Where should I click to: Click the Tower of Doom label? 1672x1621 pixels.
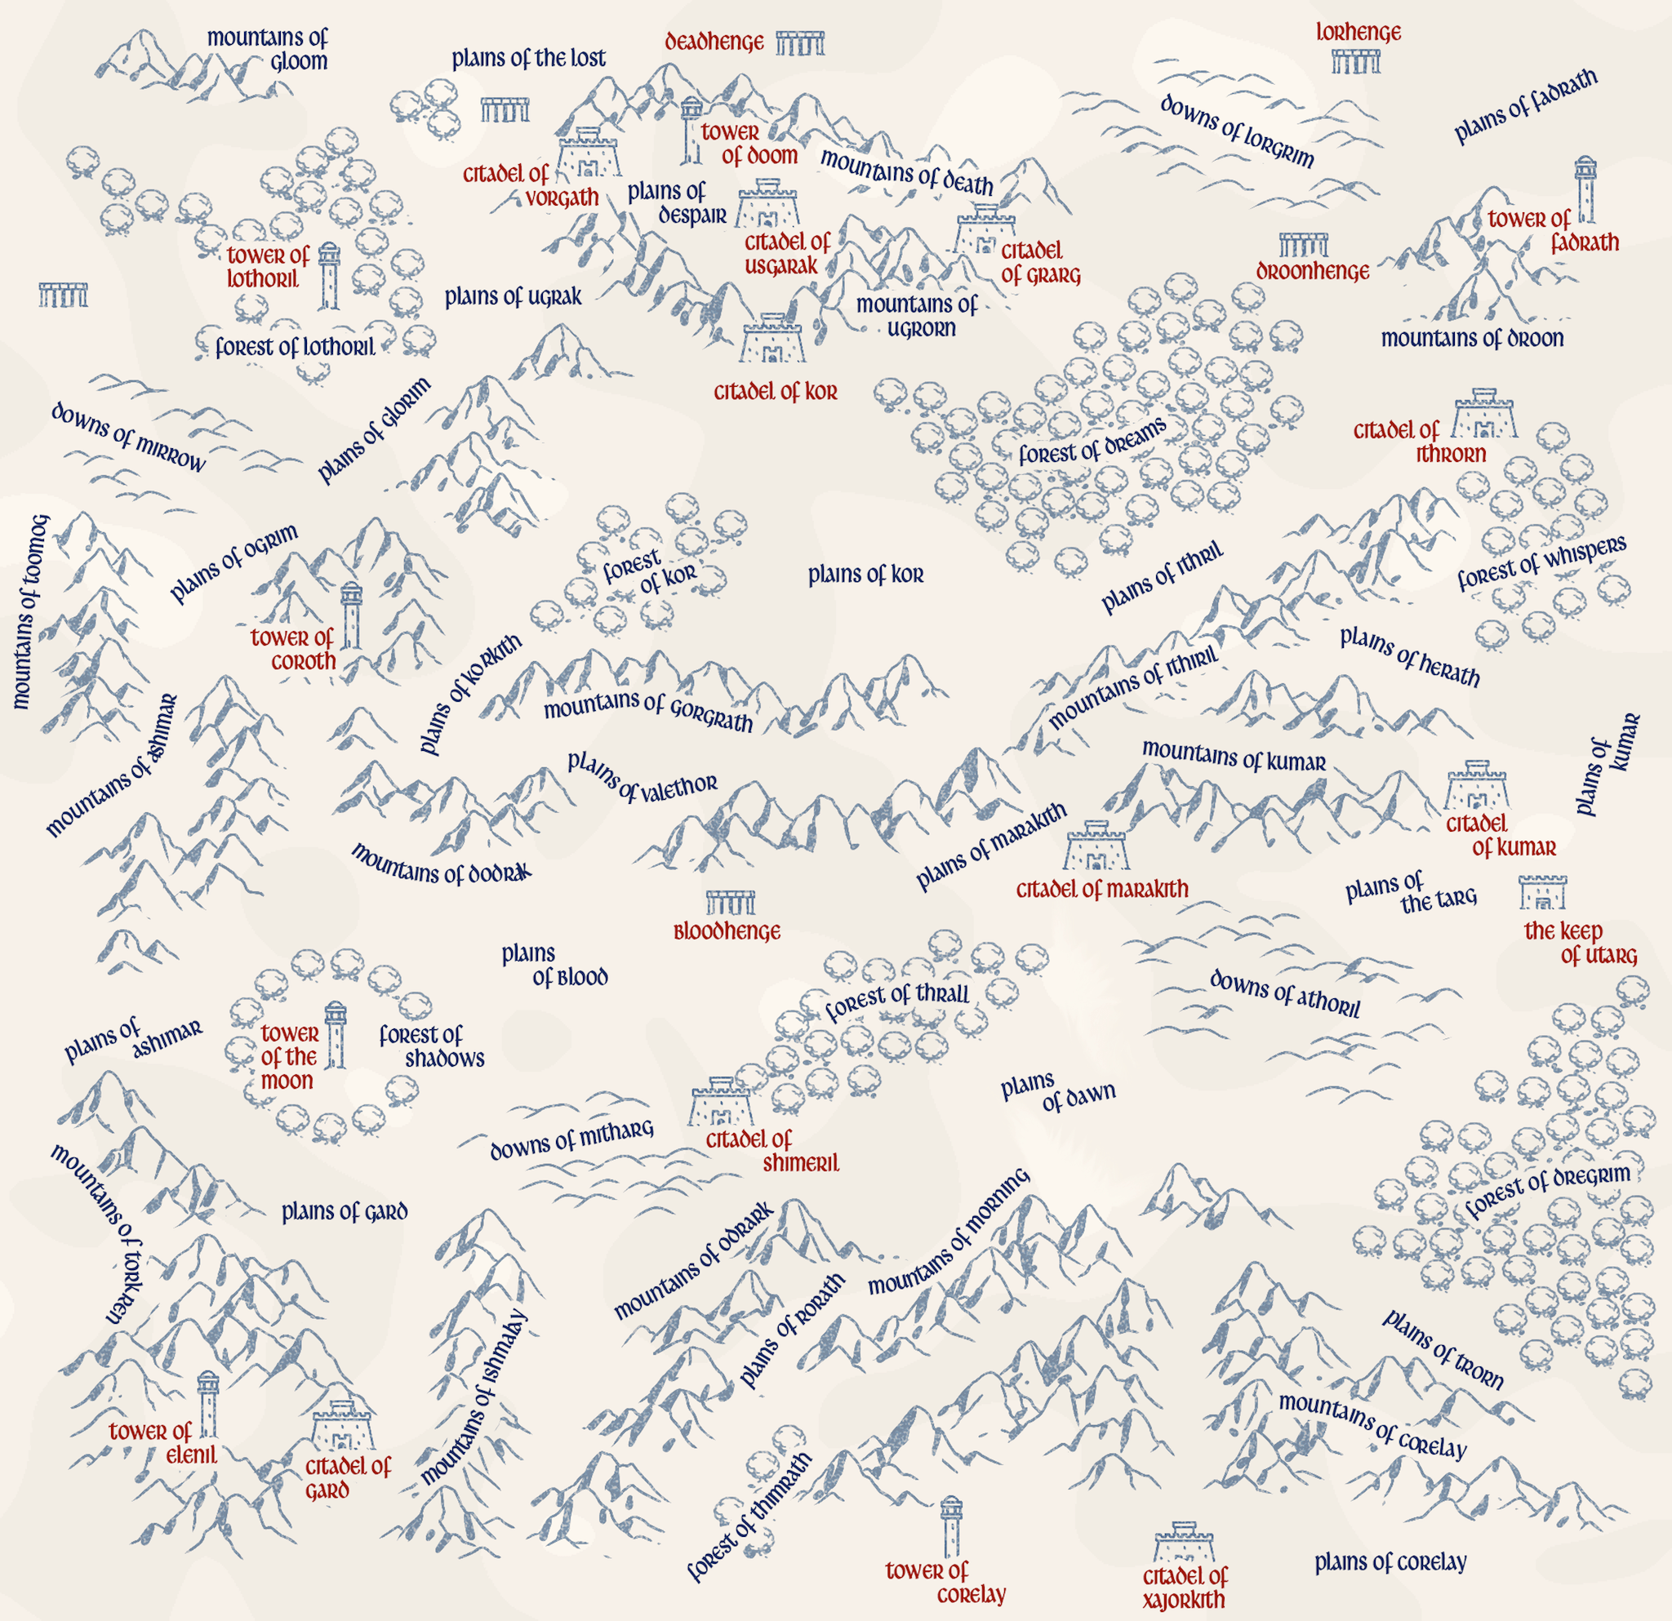pos(749,144)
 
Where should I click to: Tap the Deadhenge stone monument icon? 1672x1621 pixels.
pos(800,42)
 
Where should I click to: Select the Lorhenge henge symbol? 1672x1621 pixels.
pos(1355,61)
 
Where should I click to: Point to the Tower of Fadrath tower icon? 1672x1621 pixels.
pos(1585,189)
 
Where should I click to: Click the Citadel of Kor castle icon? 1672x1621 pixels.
pos(773,340)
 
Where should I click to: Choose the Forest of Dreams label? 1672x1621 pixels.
pos(1092,442)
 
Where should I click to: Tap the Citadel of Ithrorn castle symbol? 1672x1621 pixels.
pos(1484,414)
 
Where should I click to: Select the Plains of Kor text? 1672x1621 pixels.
pos(866,575)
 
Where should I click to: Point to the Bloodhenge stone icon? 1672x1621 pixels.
pos(730,902)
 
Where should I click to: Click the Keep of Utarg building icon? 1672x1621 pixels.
pos(1542,892)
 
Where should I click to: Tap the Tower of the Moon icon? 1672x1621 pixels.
pos(336,1035)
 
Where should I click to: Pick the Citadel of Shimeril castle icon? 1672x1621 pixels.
pos(722,1102)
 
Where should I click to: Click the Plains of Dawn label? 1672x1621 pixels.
pos(1058,1091)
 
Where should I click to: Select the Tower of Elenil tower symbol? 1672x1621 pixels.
pos(207,1406)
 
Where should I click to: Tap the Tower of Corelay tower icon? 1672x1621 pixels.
pos(950,1526)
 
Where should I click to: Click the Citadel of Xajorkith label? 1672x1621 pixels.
pos(1184,1588)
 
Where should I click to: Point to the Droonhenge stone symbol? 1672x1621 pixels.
pos(1304,246)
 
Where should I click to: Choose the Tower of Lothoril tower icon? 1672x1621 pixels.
pos(328,274)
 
